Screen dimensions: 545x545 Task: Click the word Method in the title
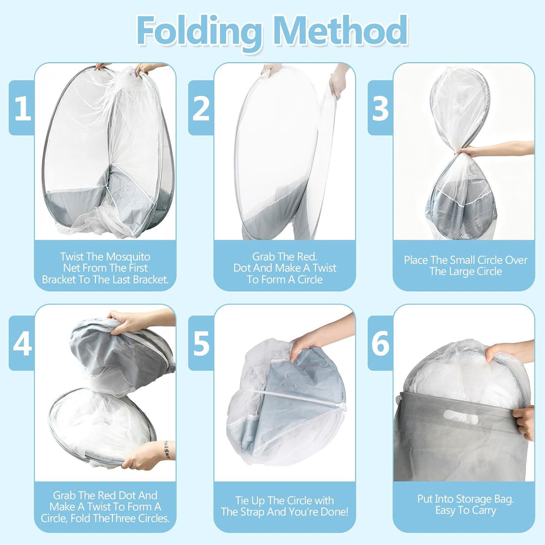click(341, 30)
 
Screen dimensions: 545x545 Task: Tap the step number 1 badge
click(22, 107)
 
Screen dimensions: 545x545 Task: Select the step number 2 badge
click(201, 107)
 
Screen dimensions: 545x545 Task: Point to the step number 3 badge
click(380, 107)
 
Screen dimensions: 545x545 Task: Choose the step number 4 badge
click(22, 343)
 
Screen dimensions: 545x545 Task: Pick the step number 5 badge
click(201, 343)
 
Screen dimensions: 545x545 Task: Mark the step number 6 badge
click(380, 343)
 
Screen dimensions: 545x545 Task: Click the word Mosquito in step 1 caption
click(128, 257)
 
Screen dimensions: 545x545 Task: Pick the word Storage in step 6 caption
click(477, 499)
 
